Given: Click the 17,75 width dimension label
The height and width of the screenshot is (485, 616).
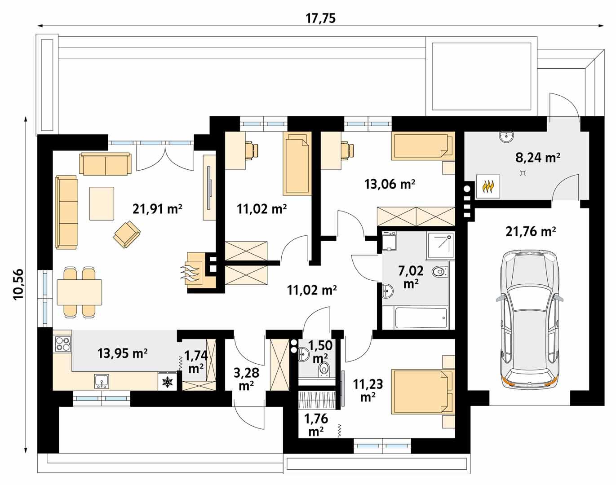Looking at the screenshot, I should pyautogui.click(x=321, y=18).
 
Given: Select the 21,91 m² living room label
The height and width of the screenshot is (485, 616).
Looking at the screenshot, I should pyautogui.click(x=157, y=208).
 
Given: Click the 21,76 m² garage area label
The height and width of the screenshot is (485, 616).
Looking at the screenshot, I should pyautogui.click(x=531, y=232).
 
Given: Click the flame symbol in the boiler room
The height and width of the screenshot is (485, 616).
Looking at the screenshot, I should pyautogui.click(x=488, y=186).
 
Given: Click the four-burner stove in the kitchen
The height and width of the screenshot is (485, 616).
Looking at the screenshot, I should pyautogui.click(x=63, y=344).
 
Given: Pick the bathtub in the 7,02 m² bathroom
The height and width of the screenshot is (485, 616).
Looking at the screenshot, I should pyautogui.click(x=421, y=318).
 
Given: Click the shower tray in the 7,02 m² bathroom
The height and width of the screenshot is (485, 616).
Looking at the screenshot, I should pyautogui.click(x=439, y=245).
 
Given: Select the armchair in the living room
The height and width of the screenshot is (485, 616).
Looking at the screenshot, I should pyautogui.click(x=127, y=234).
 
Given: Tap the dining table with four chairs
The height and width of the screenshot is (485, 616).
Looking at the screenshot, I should pyautogui.click(x=80, y=292).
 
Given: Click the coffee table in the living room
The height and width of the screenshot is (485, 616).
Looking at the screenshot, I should pyautogui.click(x=102, y=203).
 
